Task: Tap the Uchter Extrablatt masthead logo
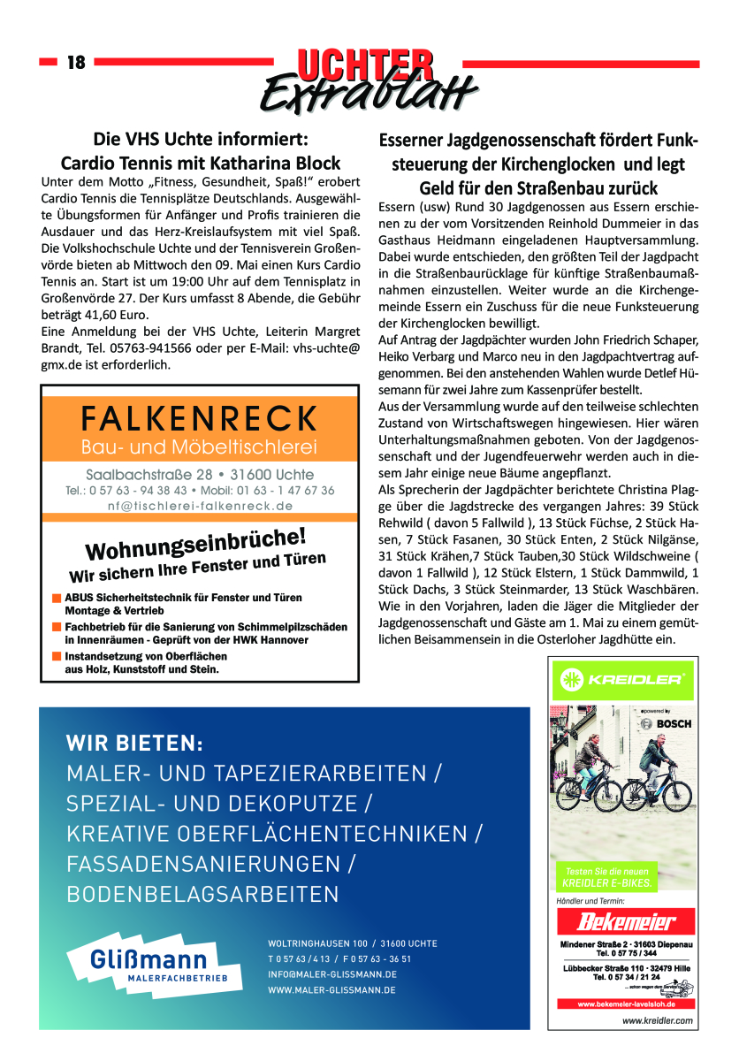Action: (x=369, y=78)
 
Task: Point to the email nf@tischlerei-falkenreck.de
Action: (x=200, y=506)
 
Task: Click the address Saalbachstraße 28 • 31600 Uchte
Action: (x=200, y=475)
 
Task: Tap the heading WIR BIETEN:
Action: (x=134, y=744)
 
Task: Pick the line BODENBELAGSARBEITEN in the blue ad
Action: (x=202, y=893)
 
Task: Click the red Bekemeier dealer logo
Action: (x=625, y=923)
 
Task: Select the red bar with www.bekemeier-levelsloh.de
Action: (x=625, y=1004)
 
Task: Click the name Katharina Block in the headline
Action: (x=283, y=164)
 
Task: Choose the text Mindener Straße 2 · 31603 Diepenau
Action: (x=625, y=945)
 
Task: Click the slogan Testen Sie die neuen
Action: (x=600, y=872)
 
